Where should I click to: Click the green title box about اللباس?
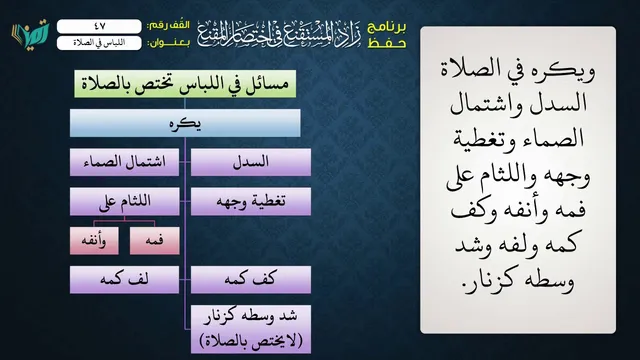click(185, 84)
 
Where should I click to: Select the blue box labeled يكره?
click(185, 123)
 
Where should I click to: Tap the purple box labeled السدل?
click(251, 162)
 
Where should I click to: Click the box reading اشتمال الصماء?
click(124, 162)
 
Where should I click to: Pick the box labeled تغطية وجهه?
click(251, 201)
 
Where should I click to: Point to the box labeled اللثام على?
click(124, 201)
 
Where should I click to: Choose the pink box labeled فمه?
click(155, 241)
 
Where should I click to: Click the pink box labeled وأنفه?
click(94, 241)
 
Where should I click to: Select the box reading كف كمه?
click(251, 280)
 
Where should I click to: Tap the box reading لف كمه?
click(124, 280)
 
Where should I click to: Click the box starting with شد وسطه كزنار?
click(251, 329)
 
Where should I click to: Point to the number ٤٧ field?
click(99, 26)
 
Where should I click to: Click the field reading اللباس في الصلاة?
click(99, 43)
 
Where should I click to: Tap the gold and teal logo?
click(30, 34)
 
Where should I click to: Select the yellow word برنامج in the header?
click(387, 27)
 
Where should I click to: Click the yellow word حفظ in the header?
click(387, 43)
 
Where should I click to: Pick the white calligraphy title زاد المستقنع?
click(280, 34)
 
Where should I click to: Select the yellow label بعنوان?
click(169, 43)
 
